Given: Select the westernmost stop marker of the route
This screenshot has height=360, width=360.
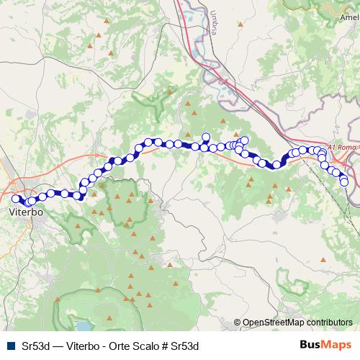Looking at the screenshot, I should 15,199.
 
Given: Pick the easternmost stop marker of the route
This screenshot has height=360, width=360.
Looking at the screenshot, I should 345,182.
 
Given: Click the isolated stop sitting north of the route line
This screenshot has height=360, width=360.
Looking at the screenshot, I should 205,137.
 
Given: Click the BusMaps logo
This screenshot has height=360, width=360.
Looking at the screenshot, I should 325,344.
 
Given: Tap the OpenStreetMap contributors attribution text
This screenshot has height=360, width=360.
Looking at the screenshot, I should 297,323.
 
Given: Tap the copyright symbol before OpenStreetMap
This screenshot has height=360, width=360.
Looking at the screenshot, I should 238,323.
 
